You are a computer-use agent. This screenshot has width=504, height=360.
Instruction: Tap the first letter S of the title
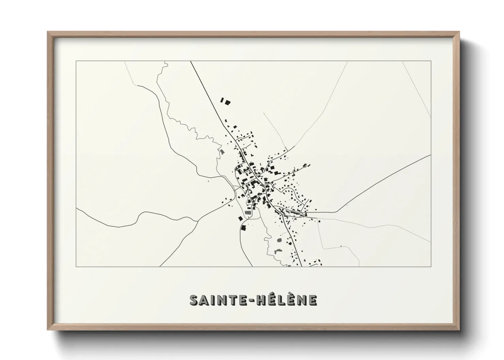click(194, 300)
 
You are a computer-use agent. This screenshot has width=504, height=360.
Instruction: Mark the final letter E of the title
click(313, 300)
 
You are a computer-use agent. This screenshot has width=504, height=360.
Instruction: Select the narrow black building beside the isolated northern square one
click(222, 100)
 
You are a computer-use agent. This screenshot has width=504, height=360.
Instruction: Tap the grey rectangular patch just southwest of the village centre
click(248, 213)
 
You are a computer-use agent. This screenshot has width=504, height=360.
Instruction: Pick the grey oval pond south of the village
click(280, 240)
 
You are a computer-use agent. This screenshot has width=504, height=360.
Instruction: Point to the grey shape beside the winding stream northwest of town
click(222, 152)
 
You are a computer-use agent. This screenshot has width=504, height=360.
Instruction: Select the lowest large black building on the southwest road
click(243, 228)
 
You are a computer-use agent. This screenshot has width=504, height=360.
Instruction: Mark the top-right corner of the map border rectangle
click(431, 61)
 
